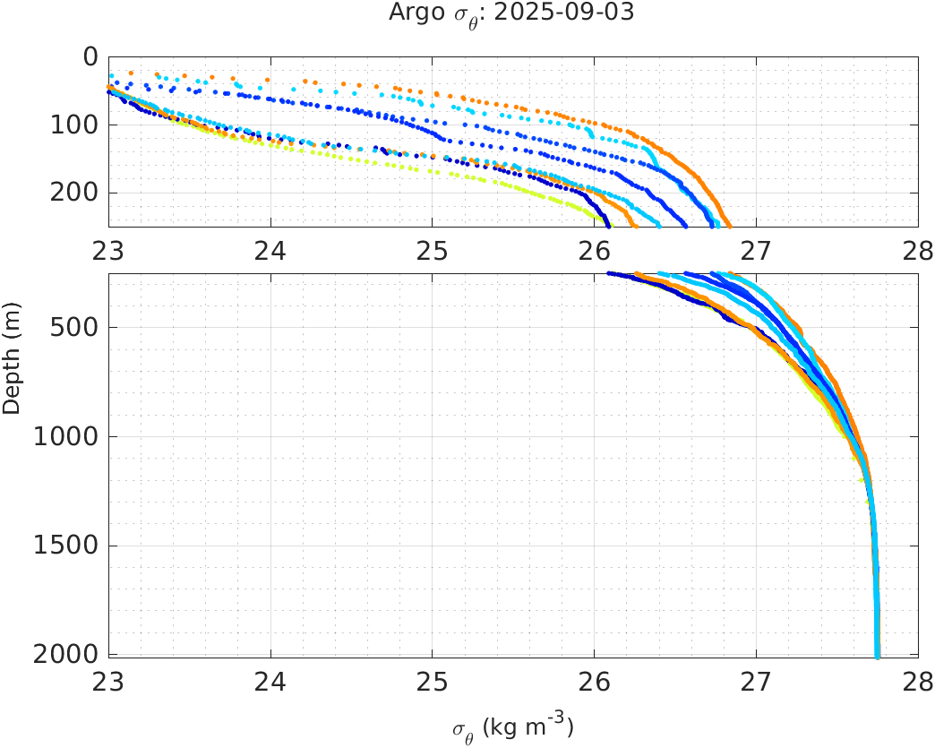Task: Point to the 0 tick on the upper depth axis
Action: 90,56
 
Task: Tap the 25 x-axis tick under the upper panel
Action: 432,249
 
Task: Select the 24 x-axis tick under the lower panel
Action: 270,681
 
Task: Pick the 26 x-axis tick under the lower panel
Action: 594,681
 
